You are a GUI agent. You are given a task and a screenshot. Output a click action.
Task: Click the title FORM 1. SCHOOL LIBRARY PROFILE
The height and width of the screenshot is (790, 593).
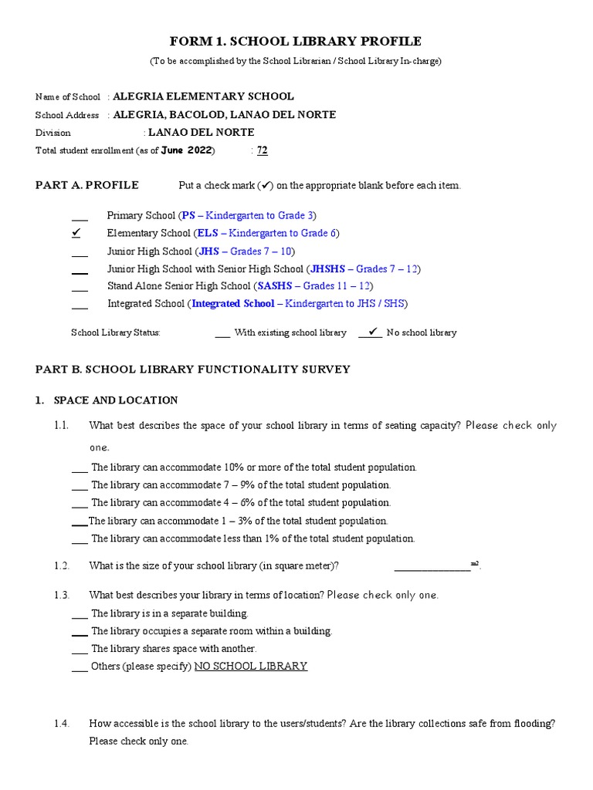(296, 41)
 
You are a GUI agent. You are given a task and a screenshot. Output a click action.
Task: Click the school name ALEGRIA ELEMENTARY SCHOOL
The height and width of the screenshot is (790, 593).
(203, 96)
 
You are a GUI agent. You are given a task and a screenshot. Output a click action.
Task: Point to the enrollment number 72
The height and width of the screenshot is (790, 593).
(263, 150)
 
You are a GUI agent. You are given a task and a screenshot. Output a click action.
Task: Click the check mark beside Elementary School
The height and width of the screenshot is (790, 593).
(76, 232)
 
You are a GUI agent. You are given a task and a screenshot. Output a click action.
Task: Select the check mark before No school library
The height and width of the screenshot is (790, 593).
(372, 332)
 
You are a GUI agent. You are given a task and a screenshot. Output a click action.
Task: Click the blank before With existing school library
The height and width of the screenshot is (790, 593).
(222, 334)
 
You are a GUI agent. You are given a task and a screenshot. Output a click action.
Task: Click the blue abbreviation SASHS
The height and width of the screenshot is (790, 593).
(274, 286)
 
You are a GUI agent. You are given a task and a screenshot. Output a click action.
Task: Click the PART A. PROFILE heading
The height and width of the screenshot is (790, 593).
(87, 185)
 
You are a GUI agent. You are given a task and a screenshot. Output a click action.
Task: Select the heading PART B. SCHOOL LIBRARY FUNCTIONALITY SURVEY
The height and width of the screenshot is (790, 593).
(193, 370)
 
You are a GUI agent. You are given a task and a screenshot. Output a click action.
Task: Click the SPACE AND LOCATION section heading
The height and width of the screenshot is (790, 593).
(116, 400)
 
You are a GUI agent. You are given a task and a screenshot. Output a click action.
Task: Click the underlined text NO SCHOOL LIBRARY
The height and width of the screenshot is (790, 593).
(251, 666)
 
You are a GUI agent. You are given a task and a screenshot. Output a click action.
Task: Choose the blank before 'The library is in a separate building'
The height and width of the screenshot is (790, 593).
(80, 616)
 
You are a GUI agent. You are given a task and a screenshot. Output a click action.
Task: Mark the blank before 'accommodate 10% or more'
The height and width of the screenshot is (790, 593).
(80, 469)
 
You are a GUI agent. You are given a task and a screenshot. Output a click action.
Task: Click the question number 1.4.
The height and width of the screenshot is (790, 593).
(63, 724)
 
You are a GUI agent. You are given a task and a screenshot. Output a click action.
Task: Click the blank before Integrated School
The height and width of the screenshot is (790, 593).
(80, 306)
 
